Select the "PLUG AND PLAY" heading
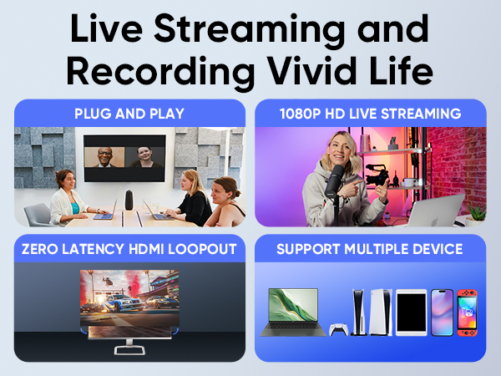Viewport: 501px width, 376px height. (x=129, y=113)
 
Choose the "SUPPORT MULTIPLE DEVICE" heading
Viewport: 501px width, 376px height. (x=370, y=248)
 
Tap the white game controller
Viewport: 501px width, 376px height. (x=339, y=330)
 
